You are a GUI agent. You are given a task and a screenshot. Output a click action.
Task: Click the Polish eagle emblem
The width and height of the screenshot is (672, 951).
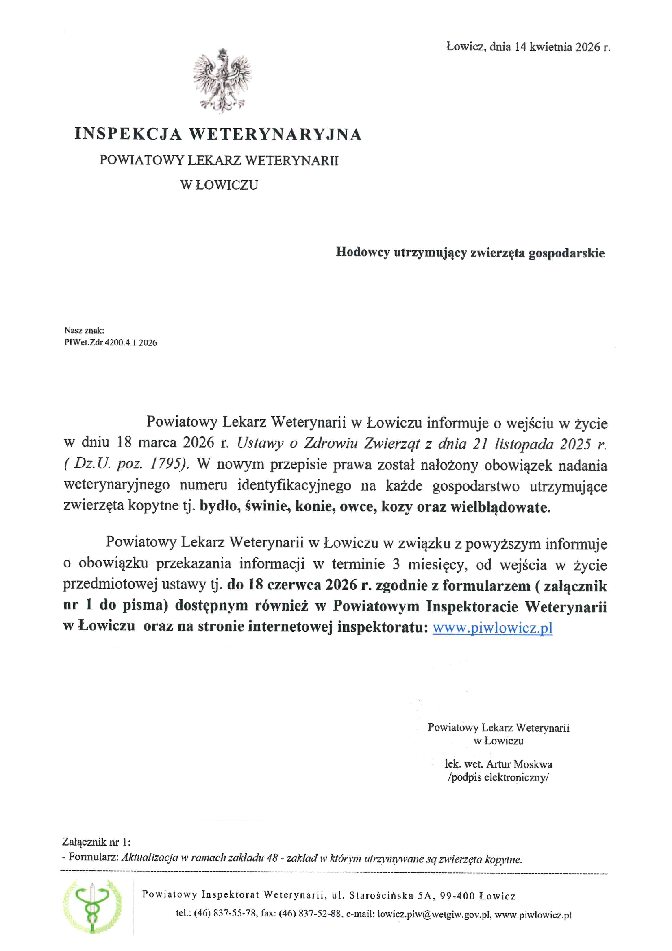(222, 81)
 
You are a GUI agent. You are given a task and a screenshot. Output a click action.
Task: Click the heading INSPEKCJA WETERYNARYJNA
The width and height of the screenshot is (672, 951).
(218, 134)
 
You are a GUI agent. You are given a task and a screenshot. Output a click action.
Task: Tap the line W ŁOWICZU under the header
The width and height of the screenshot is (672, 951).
(219, 185)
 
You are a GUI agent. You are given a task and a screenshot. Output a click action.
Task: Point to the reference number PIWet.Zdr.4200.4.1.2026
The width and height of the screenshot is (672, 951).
(111, 342)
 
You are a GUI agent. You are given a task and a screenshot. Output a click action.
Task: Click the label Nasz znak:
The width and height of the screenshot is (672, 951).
(84, 330)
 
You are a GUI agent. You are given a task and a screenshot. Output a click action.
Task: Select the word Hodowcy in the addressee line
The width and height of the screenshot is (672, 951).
(362, 252)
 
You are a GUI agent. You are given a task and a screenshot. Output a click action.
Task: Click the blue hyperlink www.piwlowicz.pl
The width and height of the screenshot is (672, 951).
(492, 628)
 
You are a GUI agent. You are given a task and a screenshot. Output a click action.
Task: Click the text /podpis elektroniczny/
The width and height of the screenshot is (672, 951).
(498, 777)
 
